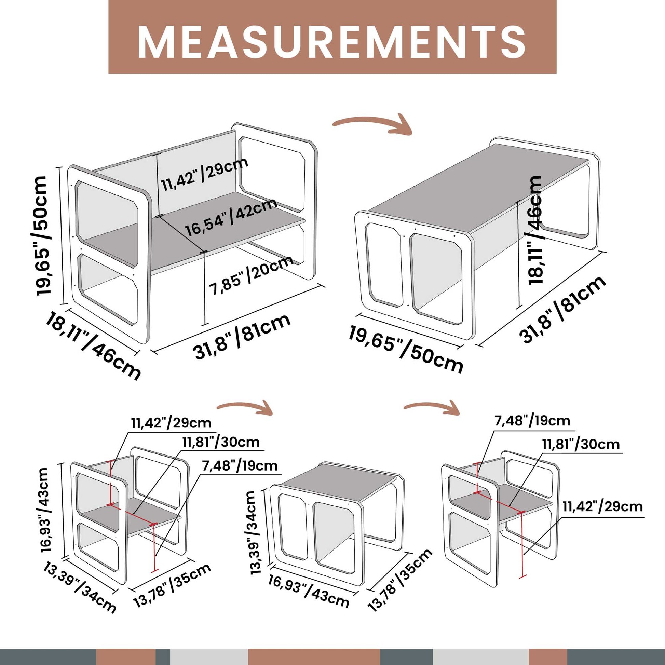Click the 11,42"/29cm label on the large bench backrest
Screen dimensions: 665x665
pos(204,174)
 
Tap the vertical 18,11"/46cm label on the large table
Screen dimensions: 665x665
pos(534,230)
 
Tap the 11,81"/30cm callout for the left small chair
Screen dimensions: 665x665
pos(221,442)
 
